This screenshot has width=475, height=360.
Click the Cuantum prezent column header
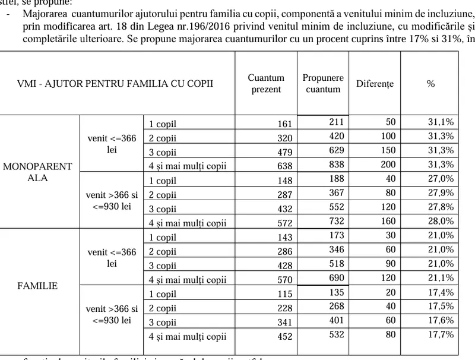coord(266,84)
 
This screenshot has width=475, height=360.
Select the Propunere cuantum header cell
coord(323,84)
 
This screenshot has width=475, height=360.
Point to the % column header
coord(430,84)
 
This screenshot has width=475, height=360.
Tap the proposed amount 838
coord(337,164)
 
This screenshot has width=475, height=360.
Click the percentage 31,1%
coord(441,122)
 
